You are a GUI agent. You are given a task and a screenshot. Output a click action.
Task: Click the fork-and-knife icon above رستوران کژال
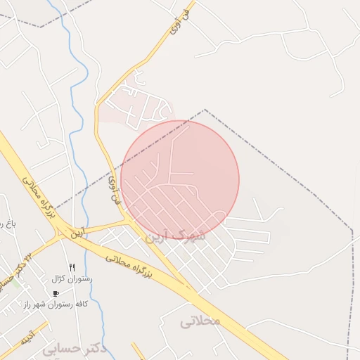coord(72,267)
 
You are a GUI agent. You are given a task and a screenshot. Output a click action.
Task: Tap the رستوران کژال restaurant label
coord(72,278)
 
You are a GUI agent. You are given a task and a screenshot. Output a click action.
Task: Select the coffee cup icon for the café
coord(56,292)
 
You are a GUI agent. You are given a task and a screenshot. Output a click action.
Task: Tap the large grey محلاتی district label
coord(200,321)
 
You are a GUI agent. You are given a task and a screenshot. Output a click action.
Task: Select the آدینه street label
coord(27,340)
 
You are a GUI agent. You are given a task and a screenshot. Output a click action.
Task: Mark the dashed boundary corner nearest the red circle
coord(205,110)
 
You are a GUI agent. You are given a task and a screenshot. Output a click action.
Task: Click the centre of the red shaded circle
coord(180,179)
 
